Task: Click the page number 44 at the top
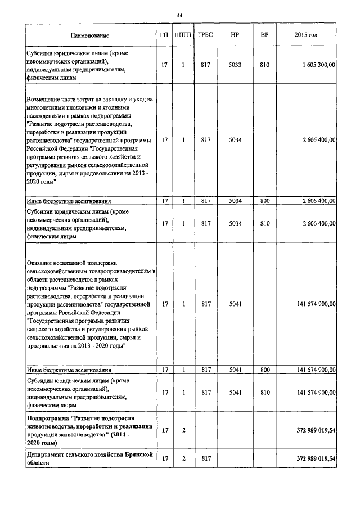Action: [x=179, y=15]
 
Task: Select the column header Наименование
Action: [x=91, y=35]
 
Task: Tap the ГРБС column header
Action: [x=205, y=35]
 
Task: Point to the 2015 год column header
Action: [x=305, y=35]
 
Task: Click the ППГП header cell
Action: [x=183, y=35]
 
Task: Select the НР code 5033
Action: [x=236, y=66]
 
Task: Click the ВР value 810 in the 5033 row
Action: [x=264, y=66]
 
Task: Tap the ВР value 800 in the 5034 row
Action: [x=264, y=201]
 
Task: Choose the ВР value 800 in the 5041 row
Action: [x=264, y=370]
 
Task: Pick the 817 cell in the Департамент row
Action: [x=205, y=459]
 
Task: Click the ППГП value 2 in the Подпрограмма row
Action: [x=183, y=430]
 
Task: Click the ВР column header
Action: [x=264, y=35]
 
